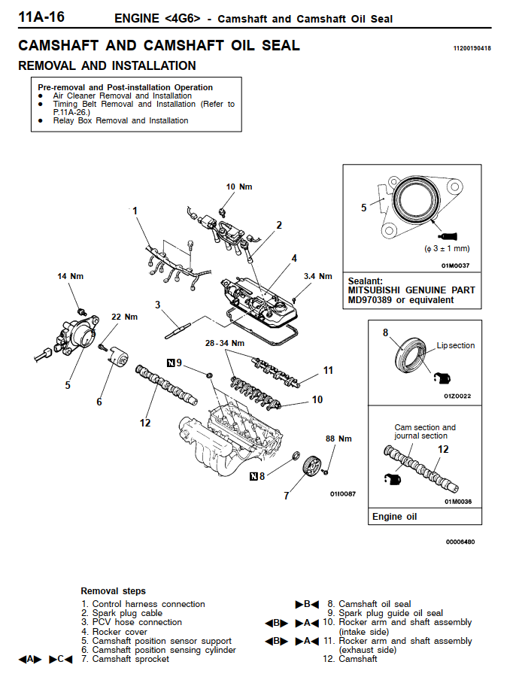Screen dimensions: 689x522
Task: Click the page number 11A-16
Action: pyautogui.click(x=41, y=16)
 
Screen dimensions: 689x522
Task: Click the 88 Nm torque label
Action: pyautogui.click(x=338, y=439)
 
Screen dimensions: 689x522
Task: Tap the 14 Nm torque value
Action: pyautogui.click(x=71, y=277)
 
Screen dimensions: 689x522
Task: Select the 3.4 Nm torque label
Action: pyautogui.click(x=317, y=276)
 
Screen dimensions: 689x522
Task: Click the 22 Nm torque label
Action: pyautogui.click(x=124, y=317)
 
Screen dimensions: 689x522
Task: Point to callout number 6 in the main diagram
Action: pyautogui.click(x=99, y=402)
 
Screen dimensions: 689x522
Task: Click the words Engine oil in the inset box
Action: pyautogui.click(x=394, y=517)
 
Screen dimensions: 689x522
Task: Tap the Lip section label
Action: pyautogui.click(x=456, y=346)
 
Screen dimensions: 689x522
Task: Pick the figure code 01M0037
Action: pyautogui.click(x=455, y=265)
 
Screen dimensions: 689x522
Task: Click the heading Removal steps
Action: pyautogui.click(x=113, y=591)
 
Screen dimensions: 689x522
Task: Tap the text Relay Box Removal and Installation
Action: pyautogui.click(x=120, y=120)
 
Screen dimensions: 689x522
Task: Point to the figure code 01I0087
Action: pyautogui.click(x=342, y=494)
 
